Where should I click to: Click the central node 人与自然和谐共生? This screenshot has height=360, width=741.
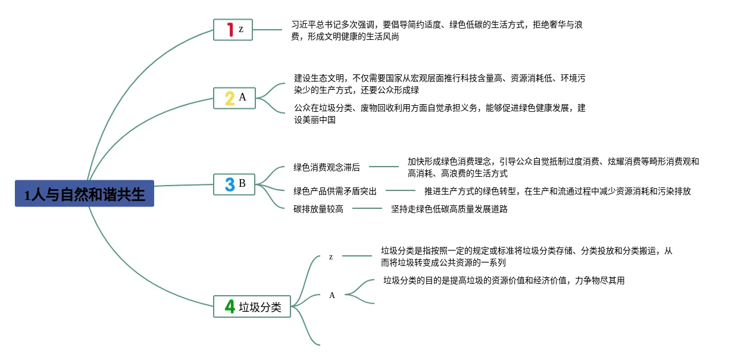pyautogui.click(x=85, y=194)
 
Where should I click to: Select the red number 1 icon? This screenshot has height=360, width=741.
pyautogui.click(x=230, y=29)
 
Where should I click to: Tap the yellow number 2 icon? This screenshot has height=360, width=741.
pyautogui.click(x=229, y=98)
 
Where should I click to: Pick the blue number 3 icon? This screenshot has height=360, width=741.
pyautogui.click(x=230, y=184)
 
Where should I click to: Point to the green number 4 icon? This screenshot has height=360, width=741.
pyautogui.click(x=230, y=307)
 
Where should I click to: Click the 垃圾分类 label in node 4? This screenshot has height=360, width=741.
pyautogui.click(x=260, y=308)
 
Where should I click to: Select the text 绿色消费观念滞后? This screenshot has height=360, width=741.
pyautogui.click(x=327, y=168)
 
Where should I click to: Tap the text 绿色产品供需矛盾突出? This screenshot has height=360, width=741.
pyautogui.click(x=335, y=191)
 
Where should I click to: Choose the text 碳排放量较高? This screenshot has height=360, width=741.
pyautogui.click(x=318, y=209)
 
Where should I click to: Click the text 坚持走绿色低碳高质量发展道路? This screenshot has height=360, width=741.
pyautogui.click(x=449, y=209)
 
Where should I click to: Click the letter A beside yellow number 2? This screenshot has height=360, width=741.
pyautogui.click(x=242, y=98)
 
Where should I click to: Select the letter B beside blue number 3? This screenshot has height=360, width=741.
pyautogui.click(x=242, y=183)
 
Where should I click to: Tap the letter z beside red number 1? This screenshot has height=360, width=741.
pyautogui.click(x=240, y=29)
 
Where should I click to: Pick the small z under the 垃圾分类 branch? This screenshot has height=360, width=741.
pyautogui.click(x=331, y=257)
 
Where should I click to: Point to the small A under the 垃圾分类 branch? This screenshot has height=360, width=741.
pyautogui.click(x=332, y=295)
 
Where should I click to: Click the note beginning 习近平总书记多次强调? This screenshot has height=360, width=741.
pyautogui.click(x=440, y=30)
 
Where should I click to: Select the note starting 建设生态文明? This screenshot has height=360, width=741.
pyautogui.click(x=440, y=84)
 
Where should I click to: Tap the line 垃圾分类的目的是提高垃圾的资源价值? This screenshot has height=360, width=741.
pyautogui.click(x=504, y=281)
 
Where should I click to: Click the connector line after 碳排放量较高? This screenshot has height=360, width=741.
pyautogui.click(x=367, y=209)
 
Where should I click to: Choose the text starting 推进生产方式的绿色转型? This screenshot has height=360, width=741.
pyautogui.click(x=557, y=191)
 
